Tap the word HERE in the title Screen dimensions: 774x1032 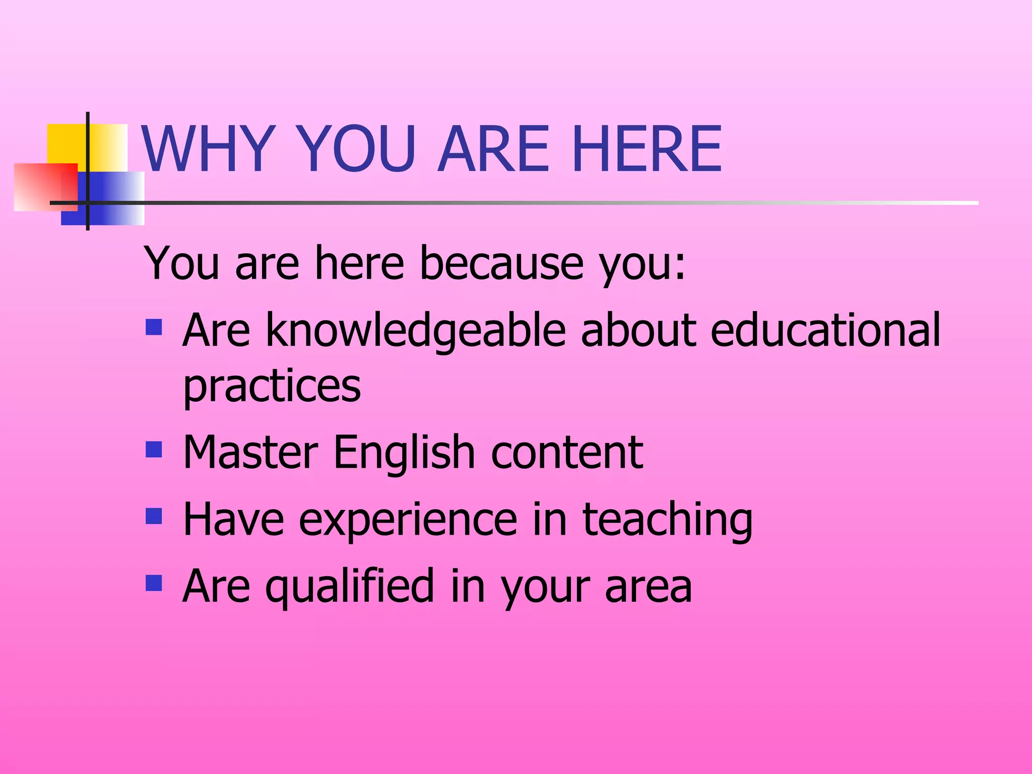647,149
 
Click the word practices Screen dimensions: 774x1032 272,387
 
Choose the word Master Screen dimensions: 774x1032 250,452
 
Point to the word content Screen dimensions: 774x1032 567,452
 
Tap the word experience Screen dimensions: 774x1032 408,520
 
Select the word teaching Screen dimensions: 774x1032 667,520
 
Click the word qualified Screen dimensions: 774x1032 350,587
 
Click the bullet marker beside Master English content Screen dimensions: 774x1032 154,449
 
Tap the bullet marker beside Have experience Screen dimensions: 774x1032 154,516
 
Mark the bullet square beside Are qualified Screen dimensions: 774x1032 154,583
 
